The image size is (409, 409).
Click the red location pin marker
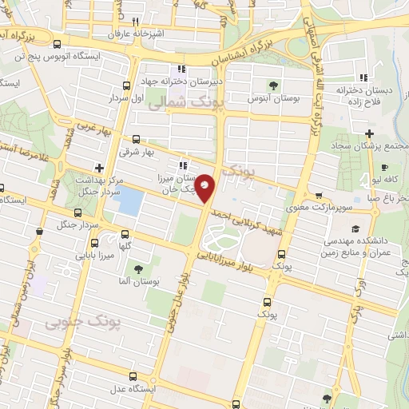(206, 189)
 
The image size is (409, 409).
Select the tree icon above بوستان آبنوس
(274, 85)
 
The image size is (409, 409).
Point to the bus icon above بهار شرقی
(136, 138)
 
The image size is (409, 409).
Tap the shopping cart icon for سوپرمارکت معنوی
(319, 195)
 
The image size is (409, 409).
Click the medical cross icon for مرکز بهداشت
(98, 168)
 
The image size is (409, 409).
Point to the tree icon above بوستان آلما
(140, 268)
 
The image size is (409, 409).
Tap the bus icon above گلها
(125, 234)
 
